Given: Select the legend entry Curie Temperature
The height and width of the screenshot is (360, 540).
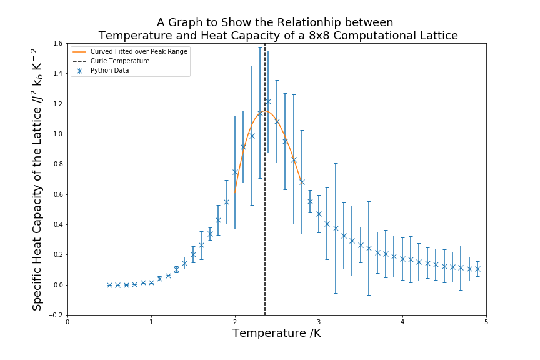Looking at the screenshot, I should tap(119, 61).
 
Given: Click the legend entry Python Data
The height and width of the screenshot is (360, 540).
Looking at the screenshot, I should tap(109, 70).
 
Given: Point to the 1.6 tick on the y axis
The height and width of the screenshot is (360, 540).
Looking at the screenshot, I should tap(58, 43).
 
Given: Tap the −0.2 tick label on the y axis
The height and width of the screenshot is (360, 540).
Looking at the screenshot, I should tap(56, 315).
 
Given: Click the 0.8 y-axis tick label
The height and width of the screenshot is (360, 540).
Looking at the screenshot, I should tap(58, 164).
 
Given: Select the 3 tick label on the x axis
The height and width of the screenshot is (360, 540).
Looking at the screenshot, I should tap(319, 322).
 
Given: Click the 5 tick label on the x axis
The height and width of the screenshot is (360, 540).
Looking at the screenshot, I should tap(486, 322).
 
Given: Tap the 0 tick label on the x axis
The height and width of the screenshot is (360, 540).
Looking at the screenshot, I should tap(67, 322).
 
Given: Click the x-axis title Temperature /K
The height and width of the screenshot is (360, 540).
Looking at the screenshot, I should tap(277, 334).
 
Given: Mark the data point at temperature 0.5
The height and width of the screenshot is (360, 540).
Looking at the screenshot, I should tap(109, 285).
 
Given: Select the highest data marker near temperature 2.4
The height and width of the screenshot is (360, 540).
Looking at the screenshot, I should tap(268, 101).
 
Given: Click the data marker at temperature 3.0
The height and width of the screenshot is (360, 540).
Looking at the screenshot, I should tap(319, 214).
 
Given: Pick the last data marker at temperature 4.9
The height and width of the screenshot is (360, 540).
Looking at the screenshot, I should tap(477, 269).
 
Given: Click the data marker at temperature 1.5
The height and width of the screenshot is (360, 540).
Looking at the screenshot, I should tap(193, 254).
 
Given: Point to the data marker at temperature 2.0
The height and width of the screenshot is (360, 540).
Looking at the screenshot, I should tap(235, 172).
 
